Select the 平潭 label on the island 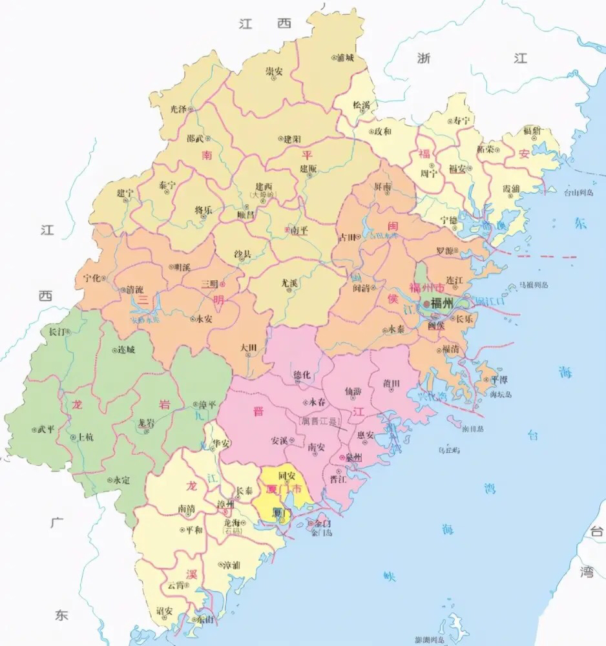[x=499, y=380]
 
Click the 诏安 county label [x=165, y=610]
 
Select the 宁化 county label [x=93, y=278]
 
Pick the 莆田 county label [x=392, y=382]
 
